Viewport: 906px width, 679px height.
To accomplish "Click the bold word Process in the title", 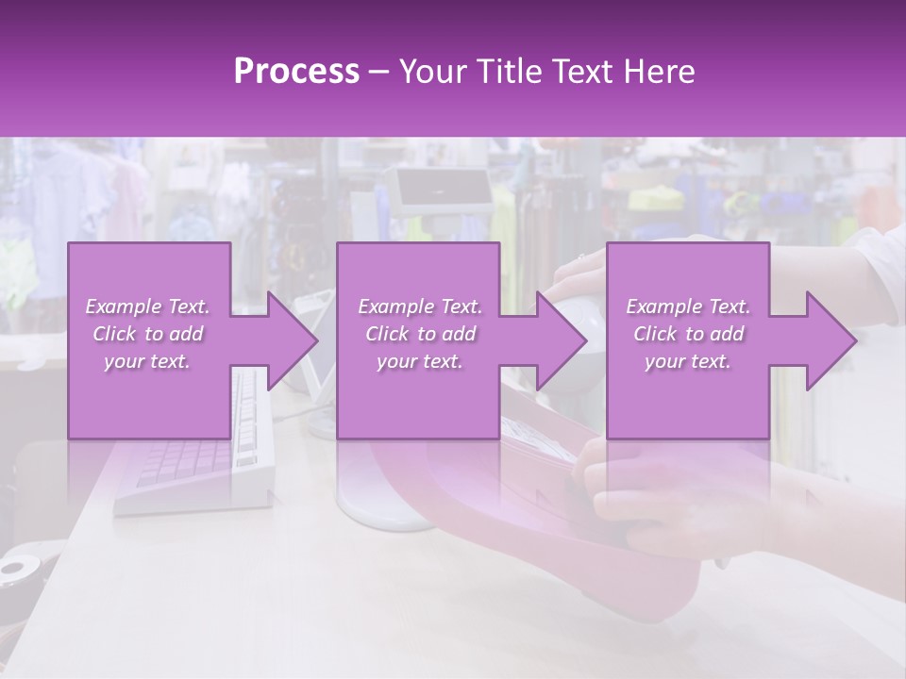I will pyautogui.click(x=296, y=71).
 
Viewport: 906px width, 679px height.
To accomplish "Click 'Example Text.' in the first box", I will pyautogui.click(x=147, y=306).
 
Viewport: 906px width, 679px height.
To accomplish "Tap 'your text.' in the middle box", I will pyautogui.click(x=419, y=361).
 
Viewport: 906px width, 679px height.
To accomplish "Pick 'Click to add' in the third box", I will pyautogui.click(x=689, y=334).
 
